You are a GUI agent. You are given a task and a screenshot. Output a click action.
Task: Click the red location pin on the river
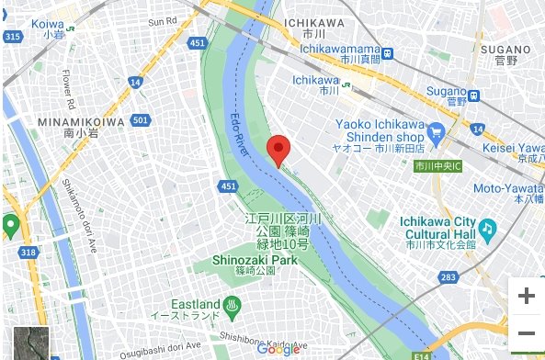(279, 150)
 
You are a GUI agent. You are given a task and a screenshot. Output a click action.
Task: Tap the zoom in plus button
(526, 296)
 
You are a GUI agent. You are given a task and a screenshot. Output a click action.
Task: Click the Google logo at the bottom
(278, 349)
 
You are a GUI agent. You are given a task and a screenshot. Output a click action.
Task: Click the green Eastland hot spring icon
(236, 304)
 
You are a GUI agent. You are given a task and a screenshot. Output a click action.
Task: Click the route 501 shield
(140, 120)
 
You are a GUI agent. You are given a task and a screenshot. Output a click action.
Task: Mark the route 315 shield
(12, 37)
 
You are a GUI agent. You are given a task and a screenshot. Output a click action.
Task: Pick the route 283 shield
(447, 276)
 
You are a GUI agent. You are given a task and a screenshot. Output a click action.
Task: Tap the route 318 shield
(29, 252)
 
